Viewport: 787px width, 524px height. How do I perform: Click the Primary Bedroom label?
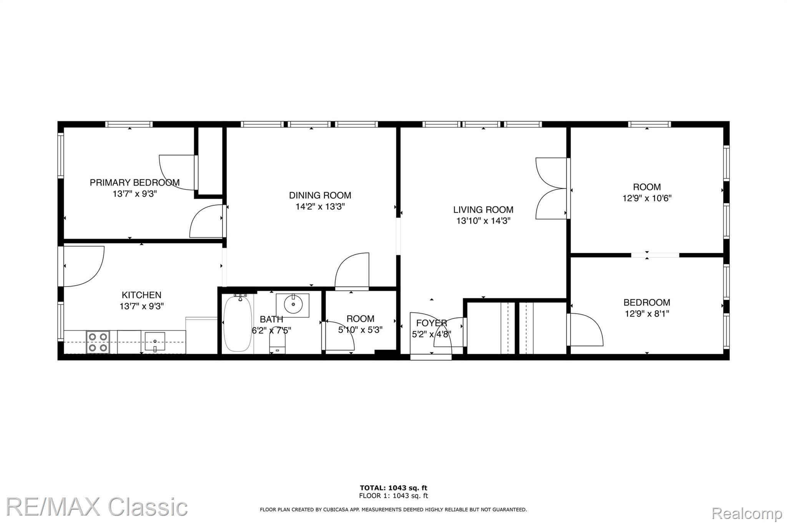coord(134,182)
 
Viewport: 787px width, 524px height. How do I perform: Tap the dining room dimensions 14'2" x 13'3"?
coord(320,207)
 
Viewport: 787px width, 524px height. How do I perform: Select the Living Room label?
coord(483,210)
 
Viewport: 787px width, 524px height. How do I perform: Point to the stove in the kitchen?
coord(98,342)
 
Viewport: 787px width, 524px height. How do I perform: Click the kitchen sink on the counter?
coord(155,342)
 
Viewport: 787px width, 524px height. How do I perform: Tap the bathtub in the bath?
coord(238,324)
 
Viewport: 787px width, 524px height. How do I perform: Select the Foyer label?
coord(432,323)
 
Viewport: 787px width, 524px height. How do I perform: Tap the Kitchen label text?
coord(141,295)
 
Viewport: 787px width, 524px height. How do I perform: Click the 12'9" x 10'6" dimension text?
coord(647,198)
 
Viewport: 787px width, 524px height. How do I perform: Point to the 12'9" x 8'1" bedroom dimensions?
coord(647,313)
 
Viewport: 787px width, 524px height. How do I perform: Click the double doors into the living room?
coord(550,188)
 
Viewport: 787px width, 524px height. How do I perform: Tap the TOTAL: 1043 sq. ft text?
coord(393,488)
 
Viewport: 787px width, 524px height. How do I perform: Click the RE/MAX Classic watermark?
coord(97,507)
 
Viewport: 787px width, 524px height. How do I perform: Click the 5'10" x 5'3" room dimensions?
coord(360,330)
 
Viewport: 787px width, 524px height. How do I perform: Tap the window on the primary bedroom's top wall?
coord(129,124)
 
